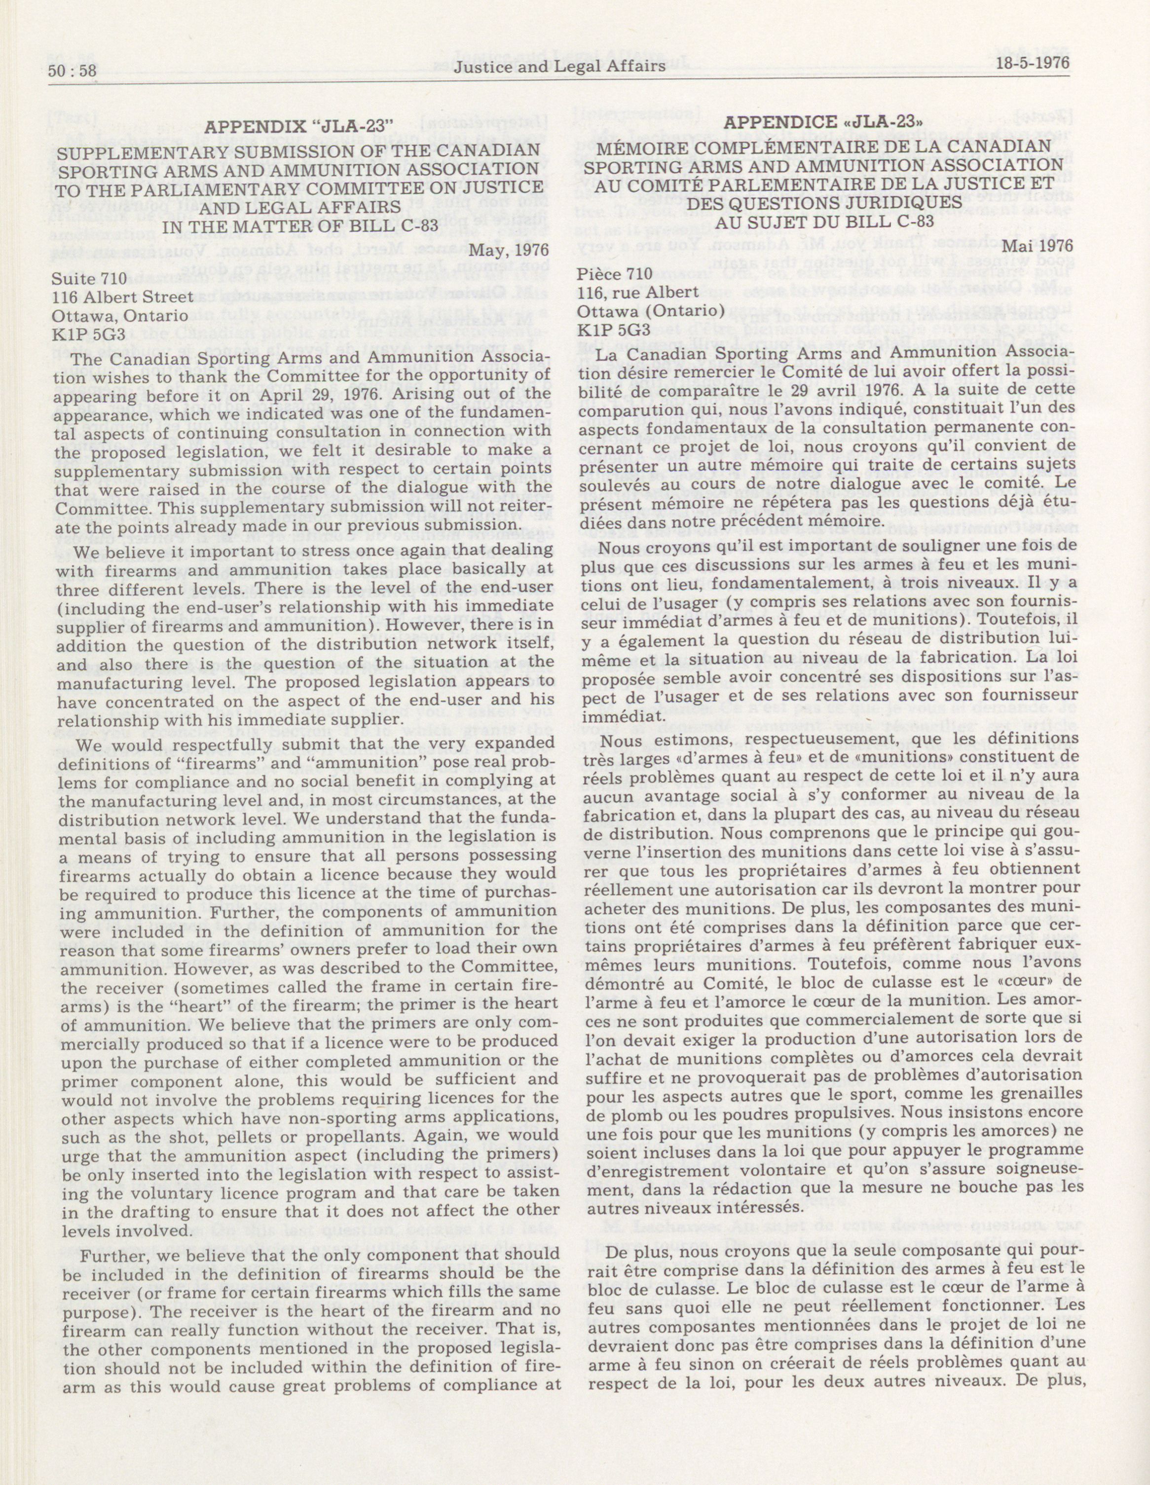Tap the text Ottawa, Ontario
pos(120,316)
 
